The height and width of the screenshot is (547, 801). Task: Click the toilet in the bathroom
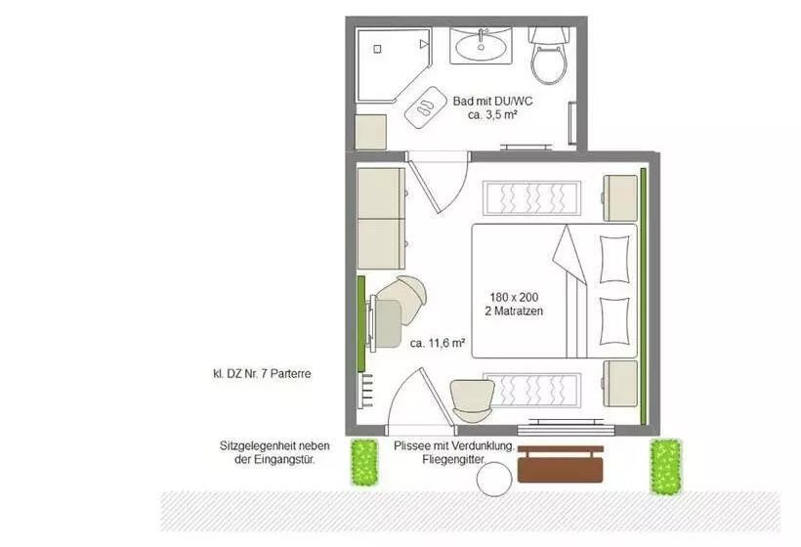[x=549, y=57]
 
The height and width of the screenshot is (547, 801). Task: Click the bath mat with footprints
[x=425, y=106]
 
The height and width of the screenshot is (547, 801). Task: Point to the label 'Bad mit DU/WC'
[x=492, y=102]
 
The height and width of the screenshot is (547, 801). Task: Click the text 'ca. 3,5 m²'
[x=492, y=115]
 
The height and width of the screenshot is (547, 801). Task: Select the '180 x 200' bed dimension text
[x=514, y=297]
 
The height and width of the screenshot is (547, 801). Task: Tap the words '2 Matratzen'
[x=514, y=311]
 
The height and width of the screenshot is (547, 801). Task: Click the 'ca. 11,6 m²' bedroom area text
[x=438, y=343]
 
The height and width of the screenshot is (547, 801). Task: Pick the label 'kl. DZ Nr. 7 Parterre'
[x=262, y=374]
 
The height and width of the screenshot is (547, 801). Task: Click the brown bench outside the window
[x=561, y=464]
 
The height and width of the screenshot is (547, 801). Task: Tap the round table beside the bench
[x=494, y=480]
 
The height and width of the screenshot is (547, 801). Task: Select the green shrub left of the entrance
[x=364, y=463]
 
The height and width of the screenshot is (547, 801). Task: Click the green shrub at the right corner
[x=665, y=467]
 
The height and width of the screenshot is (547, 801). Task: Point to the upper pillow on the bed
[x=613, y=260]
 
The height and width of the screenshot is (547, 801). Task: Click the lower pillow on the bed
[x=613, y=321]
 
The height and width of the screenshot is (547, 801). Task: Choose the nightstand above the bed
[x=620, y=198]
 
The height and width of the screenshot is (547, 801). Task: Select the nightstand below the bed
[x=620, y=384]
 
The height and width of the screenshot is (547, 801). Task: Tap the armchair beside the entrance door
[x=473, y=400]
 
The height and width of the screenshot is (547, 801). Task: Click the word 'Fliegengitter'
[x=453, y=460]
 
